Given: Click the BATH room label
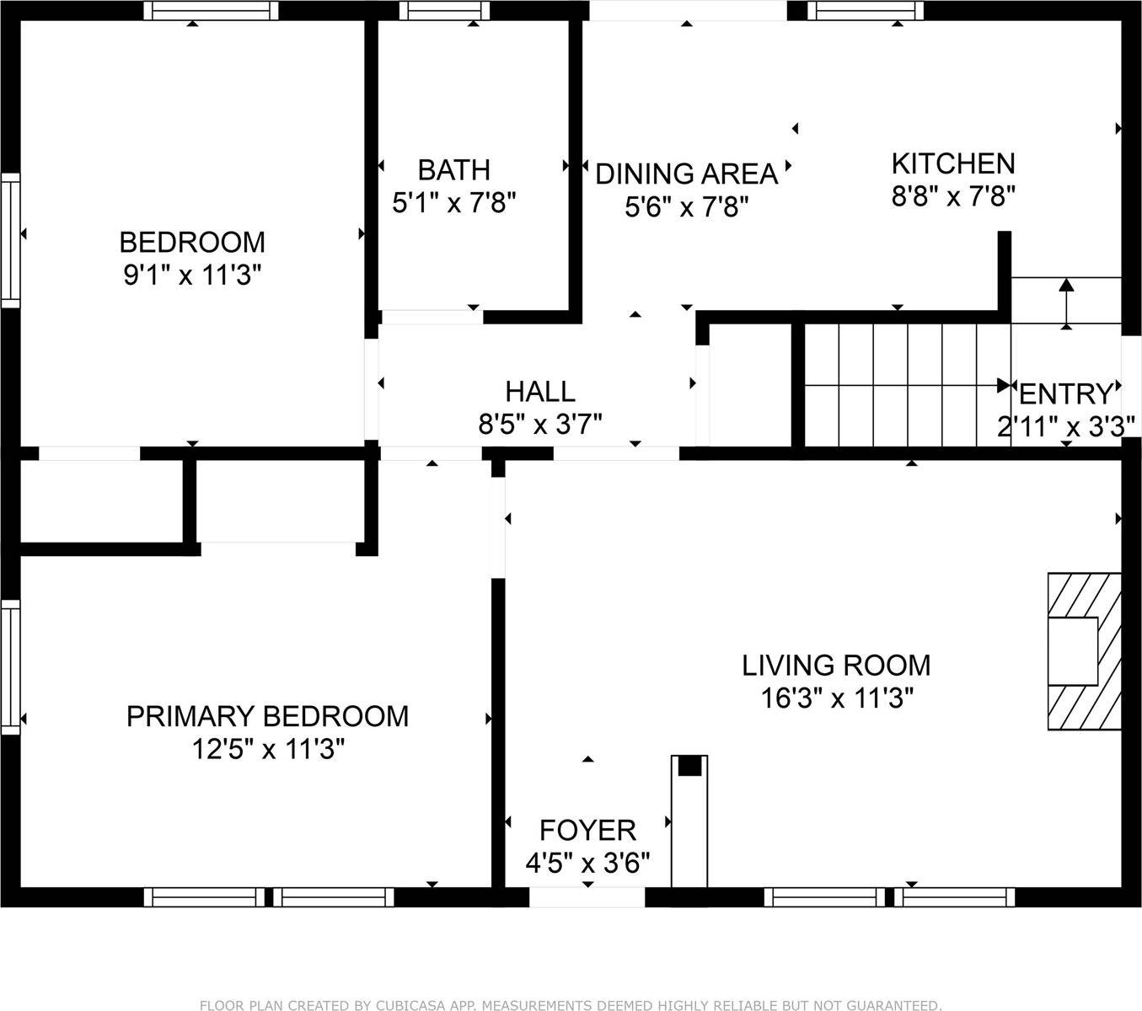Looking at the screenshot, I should click(x=453, y=170).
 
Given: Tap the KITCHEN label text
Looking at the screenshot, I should click(x=952, y=163).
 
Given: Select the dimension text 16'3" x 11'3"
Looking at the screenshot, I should click(x=836, y=698).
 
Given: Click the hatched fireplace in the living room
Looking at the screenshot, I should click(x=1085, y=651).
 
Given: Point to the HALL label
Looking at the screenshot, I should click(x=539, y=392).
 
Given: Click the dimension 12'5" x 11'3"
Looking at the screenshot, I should click(x=268, y=749).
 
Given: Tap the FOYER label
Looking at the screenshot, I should click(x=587, y=831).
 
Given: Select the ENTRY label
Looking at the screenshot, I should click(x=1065, y=394).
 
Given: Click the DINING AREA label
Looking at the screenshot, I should click(x=686, y=174).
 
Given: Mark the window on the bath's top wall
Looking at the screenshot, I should click(x=444, y=10).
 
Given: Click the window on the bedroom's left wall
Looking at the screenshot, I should click(x=9, y=240).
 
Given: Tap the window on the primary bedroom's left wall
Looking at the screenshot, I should click(x=9, y=666).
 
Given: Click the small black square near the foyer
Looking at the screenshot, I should click(x=689, y=766).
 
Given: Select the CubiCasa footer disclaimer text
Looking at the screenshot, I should click(x=570, y=1004).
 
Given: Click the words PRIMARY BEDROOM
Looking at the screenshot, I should click(x=267, y=716).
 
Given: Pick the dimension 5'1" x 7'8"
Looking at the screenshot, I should click(x=453, y=203).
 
